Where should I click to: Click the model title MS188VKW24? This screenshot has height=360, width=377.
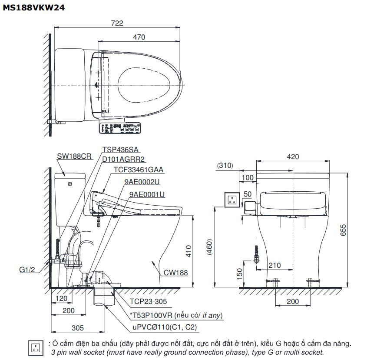coord(34,7)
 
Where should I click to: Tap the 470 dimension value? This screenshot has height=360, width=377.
coord(139,37)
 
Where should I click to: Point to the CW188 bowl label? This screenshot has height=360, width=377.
coord(175,273)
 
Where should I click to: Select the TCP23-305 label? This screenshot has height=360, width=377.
coord(148,301)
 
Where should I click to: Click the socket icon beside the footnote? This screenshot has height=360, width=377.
coord(36,347)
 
